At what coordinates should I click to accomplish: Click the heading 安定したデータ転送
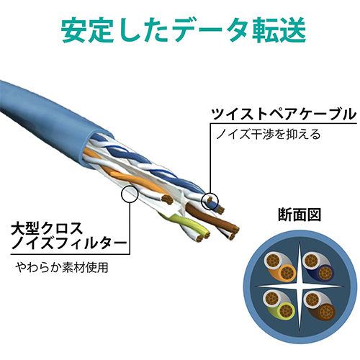tap(184, 32)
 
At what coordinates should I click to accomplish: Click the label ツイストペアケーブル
tap(283, 114)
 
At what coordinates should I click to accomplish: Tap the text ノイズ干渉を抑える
tap(269, 134)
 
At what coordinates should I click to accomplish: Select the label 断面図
tap(300, 215)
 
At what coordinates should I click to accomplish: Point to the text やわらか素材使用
tap(62, 267)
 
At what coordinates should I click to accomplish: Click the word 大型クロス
tap(47, 229)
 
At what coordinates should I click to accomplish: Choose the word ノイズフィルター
tap(68, 243)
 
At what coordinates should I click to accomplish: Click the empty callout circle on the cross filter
tap(130, 194)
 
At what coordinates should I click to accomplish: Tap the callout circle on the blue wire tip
tap(210, 201)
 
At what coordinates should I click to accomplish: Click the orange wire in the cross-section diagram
tap(287, 272)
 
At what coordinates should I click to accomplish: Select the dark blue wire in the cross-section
tap(325, 272)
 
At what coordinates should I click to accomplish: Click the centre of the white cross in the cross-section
tap(300, 287)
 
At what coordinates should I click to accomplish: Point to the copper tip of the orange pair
tap(167, 199)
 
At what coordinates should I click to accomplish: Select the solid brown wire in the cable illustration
tap(211, 215)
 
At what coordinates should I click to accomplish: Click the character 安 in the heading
tap(73, 32)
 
